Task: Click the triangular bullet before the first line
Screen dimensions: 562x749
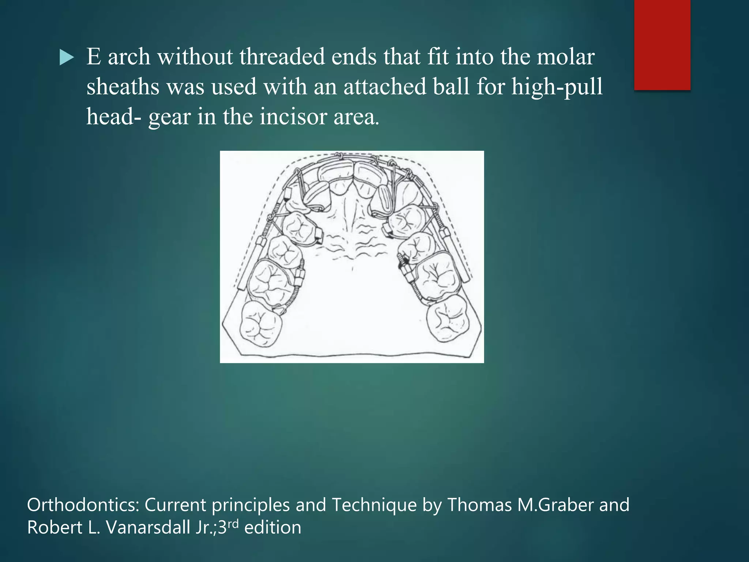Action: pos(67,58)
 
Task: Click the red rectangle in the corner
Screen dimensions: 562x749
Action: pos(662,45)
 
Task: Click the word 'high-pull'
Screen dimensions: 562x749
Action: pos(557,88)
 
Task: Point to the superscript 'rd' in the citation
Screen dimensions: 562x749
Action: pos(233,524)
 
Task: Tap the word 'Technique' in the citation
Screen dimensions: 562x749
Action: pos(374,505)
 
